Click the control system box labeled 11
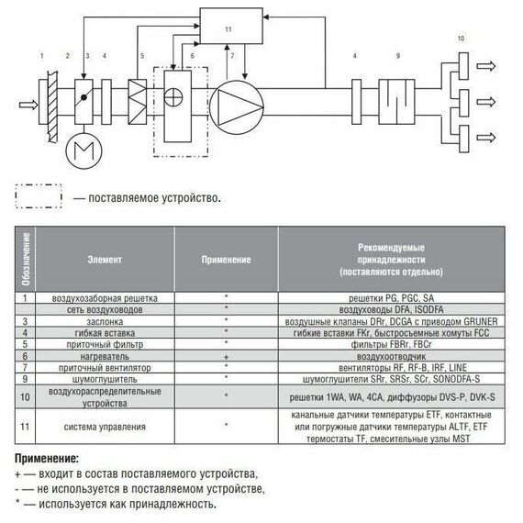pyautogui.click(x=231, y=26)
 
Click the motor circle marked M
pyautogui.click(x=83, y=151)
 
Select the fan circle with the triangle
pyautogui.click(x=237, y=107)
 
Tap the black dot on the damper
pyautogui.click(x=83, y=97)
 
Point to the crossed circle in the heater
pyautogui.click(x=173, y=97)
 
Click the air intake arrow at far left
pyautogui.click(x=28, y=105)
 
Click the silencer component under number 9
pyautogui.click(x=396, y=102)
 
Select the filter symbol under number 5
pyautogui.click(x=138, y=102)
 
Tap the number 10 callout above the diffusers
pyautogui.click(x=461, y=39)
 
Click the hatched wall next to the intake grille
pyautogui.click(x=52, y=106)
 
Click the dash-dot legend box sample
pyautogui.click(x=39, y=196)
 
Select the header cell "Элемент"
pyautogui.click(x=105, y=260)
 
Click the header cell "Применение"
pyautogui.click(x=226, y=260)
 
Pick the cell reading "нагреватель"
pyautogui.click(x=105, y=356)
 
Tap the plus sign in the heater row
pyautogui.click(x=226, y=357)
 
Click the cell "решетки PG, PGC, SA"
pyautogui.click(x=391, y=298)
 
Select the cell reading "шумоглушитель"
pyautogui.click(x=105, y=379)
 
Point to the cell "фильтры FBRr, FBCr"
pyautogui.click(x=391, y=344)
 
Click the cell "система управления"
pyautogui.click(x=105, y=427)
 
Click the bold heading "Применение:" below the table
pyautogui.click(x=47, y=459)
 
